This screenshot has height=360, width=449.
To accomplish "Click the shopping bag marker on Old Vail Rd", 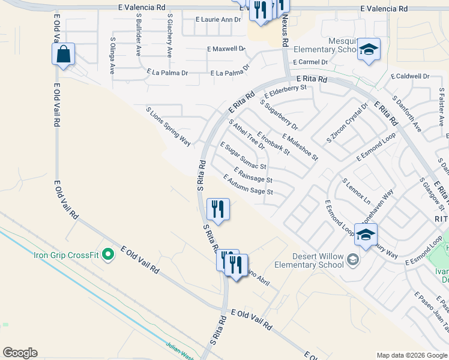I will tap(63, 55).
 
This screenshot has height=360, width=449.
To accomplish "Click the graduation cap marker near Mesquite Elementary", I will tap(369, 50).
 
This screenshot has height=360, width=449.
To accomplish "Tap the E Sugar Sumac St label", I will tap(243, 155).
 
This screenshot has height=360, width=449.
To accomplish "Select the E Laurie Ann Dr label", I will tap(218, 19).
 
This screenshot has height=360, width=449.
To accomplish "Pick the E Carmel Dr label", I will tap(310, 62).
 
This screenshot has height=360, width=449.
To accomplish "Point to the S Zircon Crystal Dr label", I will tap(346, 123).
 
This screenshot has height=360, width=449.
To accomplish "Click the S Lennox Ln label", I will tap(356, 190).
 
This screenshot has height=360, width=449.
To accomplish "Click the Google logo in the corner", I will tap(20, 353).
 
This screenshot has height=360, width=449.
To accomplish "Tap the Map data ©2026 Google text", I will tap(411, 355).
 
